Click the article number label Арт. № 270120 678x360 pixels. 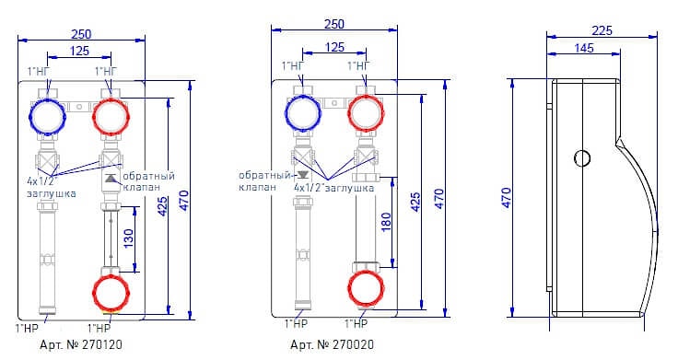click(81, 344)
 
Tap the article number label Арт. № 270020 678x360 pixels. click(332, 344)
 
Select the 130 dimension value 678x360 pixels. click(128, 238)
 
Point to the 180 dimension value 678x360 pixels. click(386, 222)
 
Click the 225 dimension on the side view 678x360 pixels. click(602, 30)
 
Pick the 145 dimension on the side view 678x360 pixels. click(584, 48)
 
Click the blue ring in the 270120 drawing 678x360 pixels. click(47, 117)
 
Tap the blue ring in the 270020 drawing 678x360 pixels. click(303, 112)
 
